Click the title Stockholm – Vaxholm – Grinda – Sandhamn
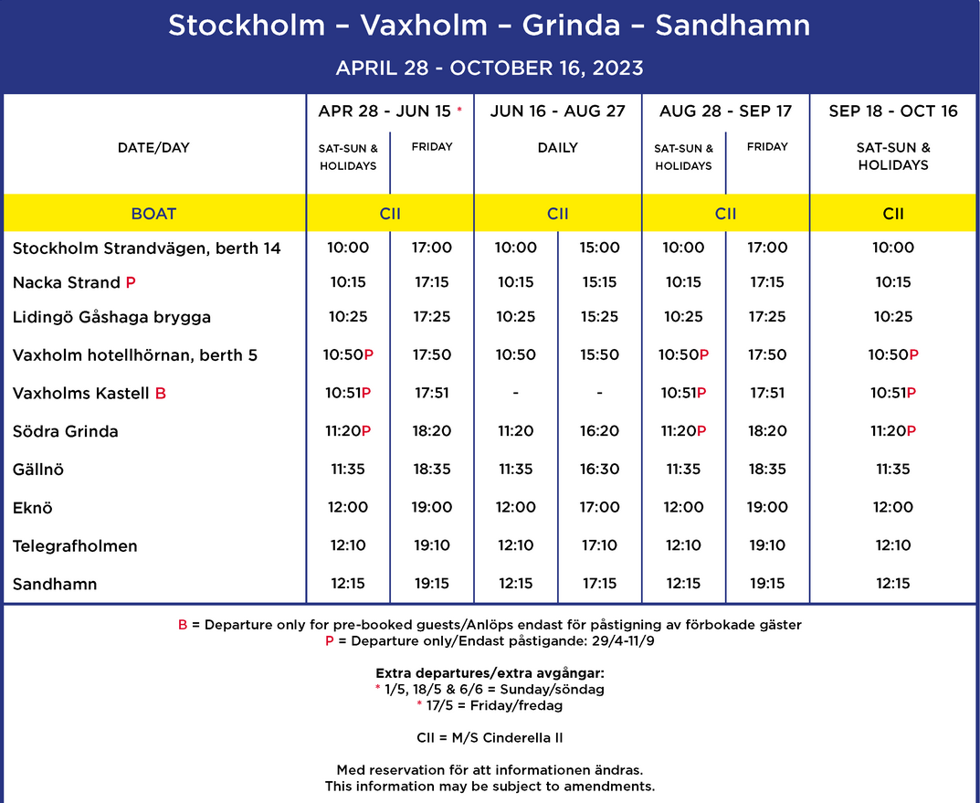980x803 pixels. (x=489, y=26)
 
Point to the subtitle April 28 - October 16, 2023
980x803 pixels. (x=489, y=69)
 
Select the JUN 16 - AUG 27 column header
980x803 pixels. (x=557, y=111)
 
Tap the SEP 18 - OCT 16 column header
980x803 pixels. (x=893, y=111)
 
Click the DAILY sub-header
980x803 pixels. (x=557, y=148)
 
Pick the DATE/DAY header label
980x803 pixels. (x=153, y=148)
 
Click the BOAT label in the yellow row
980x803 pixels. (x=153, y=214)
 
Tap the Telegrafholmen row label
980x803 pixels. (x=75, y=546)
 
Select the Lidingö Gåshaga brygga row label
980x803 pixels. (x=111, y=317)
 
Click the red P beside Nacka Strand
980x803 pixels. (x=131, y=282)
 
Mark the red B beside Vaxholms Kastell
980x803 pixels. (x=161, y=394)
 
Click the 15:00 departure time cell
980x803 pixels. (x=599, y=248)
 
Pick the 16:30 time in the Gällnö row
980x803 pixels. (x=599, y=470)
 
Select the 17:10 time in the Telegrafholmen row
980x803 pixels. (x=599, y=545)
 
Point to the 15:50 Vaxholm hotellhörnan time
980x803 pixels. (x=599, y=354)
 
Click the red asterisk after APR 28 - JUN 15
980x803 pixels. (x=459, y=111)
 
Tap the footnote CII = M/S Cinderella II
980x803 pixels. (x=489, y=738)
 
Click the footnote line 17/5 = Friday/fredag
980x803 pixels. (x=489, y=705)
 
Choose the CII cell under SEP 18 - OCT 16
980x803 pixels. (x=893, y=214)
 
